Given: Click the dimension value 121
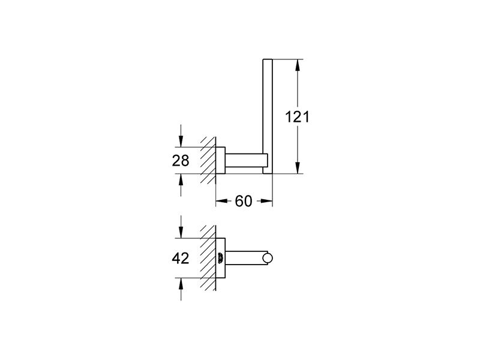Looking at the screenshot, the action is click(297, 116).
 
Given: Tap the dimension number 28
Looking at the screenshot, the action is click(181, 160).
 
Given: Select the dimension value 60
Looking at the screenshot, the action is click(244, 201).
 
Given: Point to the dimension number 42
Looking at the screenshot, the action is click(181, 259).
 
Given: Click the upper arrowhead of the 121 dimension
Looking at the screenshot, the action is click(297, 65).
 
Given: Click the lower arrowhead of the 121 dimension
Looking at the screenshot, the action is click(297, 167).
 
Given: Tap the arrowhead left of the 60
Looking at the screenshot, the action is click(222, 201).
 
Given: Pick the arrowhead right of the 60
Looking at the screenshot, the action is click(266, 201).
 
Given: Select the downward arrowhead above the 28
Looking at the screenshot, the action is click(181, 141).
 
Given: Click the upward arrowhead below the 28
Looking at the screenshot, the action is click(181, 180).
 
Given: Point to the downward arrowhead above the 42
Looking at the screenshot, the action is click(181, 232).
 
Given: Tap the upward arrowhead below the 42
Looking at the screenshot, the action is click(181, 284).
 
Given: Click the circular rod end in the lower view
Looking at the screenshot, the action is click(268, 258).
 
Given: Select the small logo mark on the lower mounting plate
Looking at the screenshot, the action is click(220, 258).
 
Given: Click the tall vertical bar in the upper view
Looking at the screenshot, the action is click(268, 116).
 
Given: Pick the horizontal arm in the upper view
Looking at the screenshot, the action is click(244, 160).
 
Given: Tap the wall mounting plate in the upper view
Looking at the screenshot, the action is click(220, 160).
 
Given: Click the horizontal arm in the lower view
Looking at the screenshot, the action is click(244, 258).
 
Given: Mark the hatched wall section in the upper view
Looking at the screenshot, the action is click(208, 160).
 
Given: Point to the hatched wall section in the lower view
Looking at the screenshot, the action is click(208, 258).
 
